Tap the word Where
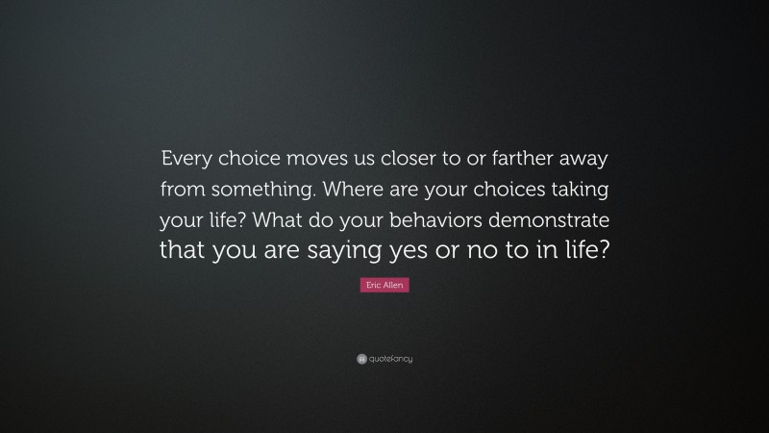[347, 187]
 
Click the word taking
[575, 187]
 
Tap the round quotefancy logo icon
[361, 359]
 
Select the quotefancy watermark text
[391, 359]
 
